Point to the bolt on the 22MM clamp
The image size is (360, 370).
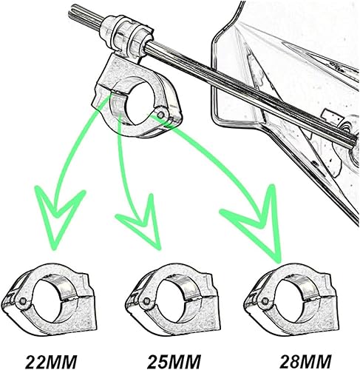[24, 303]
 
